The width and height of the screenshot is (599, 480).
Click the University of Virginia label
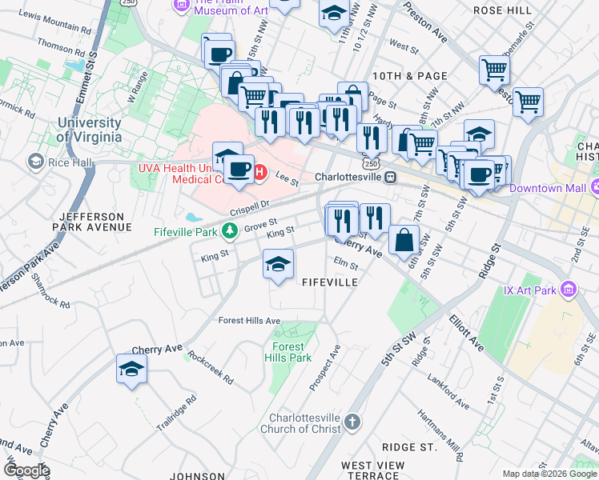pos(89,130)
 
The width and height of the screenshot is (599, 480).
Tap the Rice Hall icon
pos(35,162)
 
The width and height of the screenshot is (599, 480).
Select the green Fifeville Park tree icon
pos(231,232)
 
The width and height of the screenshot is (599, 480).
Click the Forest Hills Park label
pos(288,352)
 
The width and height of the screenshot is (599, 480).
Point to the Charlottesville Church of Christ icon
pos(353,421)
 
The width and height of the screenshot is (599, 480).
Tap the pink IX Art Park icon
pos(569,288)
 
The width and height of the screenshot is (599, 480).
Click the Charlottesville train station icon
pos(390,176)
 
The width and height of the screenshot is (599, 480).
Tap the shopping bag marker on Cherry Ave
pos(404,239)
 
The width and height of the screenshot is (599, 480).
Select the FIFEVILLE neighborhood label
pos(328,282)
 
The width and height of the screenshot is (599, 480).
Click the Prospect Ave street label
pos(327,367)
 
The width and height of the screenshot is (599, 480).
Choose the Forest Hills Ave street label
pos(250,321)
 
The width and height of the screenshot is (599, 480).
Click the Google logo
pos(26,470)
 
